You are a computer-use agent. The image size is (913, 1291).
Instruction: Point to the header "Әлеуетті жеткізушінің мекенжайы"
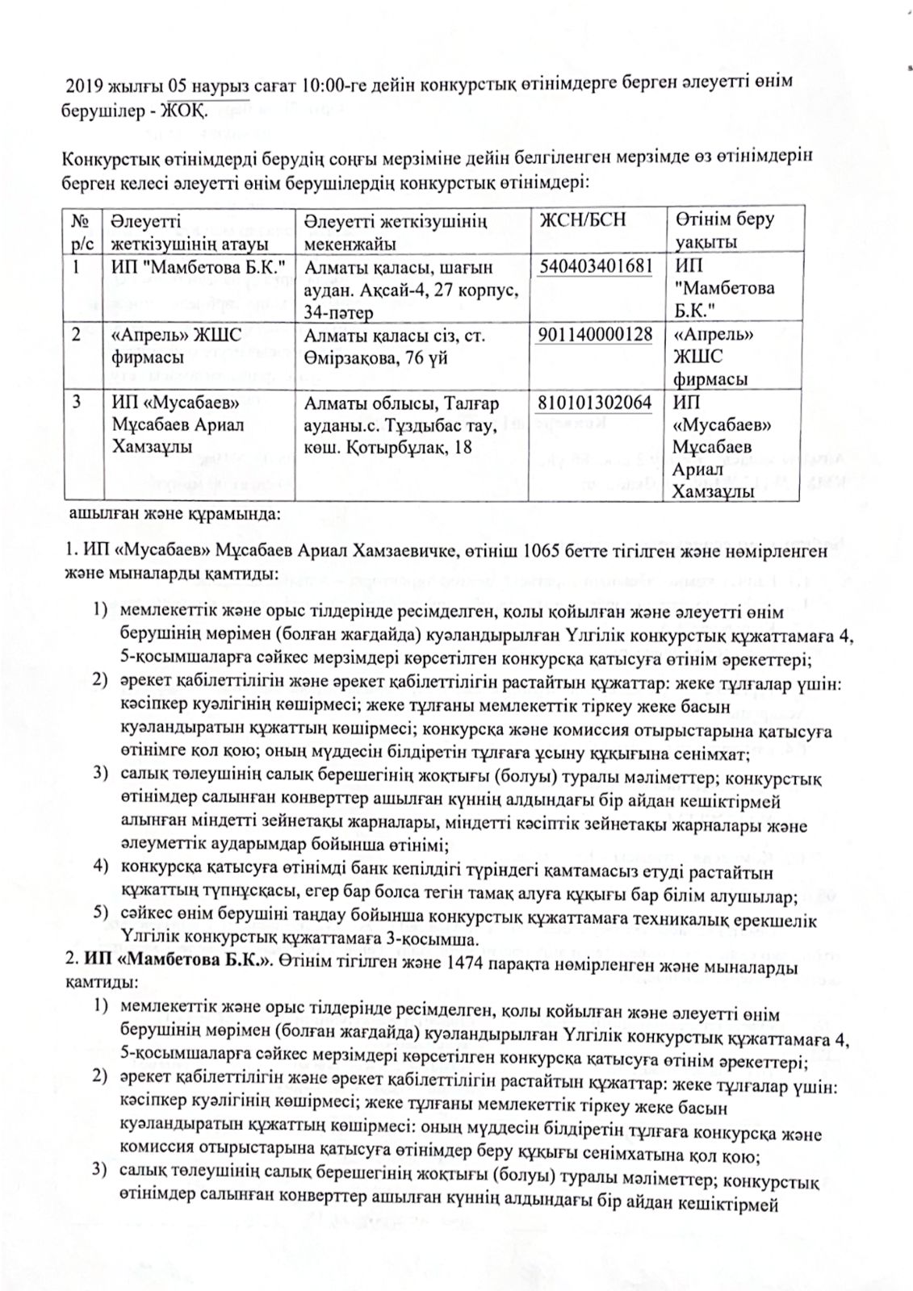(396, 231)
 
